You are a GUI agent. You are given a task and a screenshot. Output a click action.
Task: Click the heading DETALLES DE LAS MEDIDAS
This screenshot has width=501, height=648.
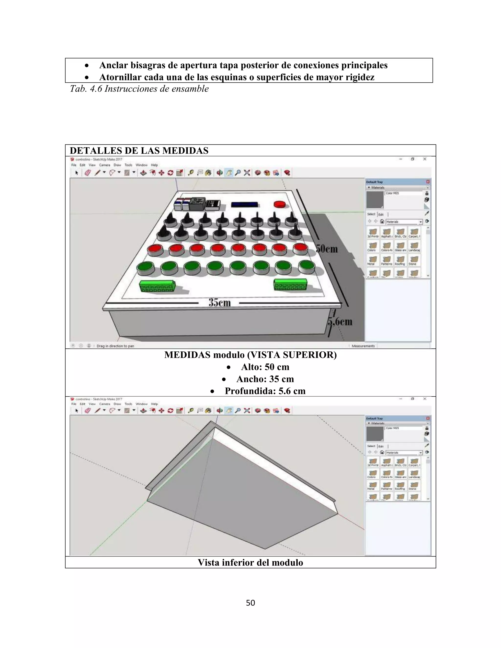[139, 151]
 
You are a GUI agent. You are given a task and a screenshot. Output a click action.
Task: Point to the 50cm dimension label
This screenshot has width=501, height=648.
[327, 249]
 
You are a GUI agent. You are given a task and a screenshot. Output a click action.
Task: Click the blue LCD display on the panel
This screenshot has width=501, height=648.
[245, 204]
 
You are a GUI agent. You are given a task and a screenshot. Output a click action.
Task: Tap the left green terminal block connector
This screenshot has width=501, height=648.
[157, 286]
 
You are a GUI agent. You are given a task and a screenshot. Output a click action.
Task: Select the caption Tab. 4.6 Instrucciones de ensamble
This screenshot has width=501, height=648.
[139, 89]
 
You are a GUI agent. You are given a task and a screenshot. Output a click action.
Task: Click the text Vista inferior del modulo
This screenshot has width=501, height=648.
[250, 563]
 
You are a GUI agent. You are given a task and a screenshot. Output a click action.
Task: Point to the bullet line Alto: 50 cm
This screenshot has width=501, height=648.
[265, 367]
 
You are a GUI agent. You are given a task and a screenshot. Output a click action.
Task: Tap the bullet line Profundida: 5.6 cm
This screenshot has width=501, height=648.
[265, 391]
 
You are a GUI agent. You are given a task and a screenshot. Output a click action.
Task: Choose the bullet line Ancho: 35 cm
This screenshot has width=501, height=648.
[265, 379]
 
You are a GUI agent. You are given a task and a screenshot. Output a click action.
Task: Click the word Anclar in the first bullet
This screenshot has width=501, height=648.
[113, 65]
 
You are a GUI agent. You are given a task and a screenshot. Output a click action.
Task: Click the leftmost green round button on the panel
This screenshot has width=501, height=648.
[146, 268]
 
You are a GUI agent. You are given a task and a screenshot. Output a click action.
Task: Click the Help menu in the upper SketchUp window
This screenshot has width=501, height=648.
[154, 165]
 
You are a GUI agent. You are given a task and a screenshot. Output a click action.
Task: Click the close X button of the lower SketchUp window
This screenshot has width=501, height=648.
[425, 399]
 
